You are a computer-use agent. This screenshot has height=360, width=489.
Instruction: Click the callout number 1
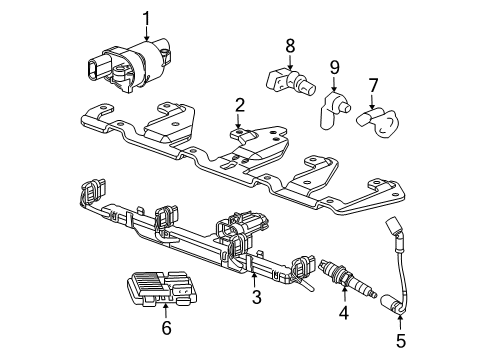pos(145,17)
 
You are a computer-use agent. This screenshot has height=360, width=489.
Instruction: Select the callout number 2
pos(240,105)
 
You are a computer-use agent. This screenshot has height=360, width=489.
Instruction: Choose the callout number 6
pos(167,327)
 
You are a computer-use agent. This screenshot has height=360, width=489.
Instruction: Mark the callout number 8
pos(289,45)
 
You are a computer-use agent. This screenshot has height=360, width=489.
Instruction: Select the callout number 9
pos(335,69)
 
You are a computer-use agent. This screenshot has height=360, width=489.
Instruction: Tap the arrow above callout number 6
pos(167,310)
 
